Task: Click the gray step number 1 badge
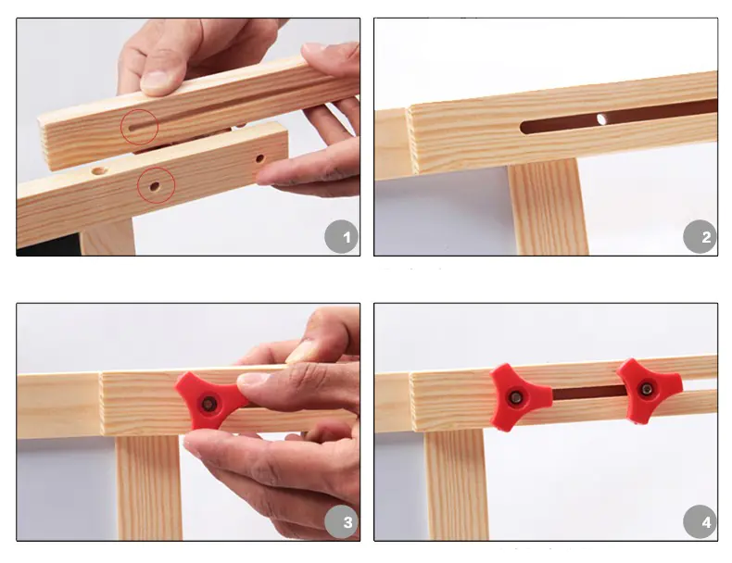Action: tap(341, 236)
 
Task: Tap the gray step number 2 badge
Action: tap(700, 236)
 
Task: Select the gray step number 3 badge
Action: tap(341, 521)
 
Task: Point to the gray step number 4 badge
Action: tap(700, 521)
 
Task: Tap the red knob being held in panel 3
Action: tap(210, 401)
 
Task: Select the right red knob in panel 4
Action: tap(649, 390)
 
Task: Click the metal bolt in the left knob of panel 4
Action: tap(516, 397)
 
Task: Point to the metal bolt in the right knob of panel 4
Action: tap(647, 389)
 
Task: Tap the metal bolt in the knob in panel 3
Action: tap(208, 404)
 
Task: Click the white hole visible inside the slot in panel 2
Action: tap(601, 119)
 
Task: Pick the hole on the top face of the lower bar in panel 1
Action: tap(98, 170)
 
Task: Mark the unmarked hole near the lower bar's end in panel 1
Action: tap(260, 158)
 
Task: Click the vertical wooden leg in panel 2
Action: tap(548, 206)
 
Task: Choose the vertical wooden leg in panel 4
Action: tap(456, 484)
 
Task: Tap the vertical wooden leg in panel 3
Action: tap(148, 488)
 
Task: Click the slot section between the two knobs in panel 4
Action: tap(589, 392)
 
